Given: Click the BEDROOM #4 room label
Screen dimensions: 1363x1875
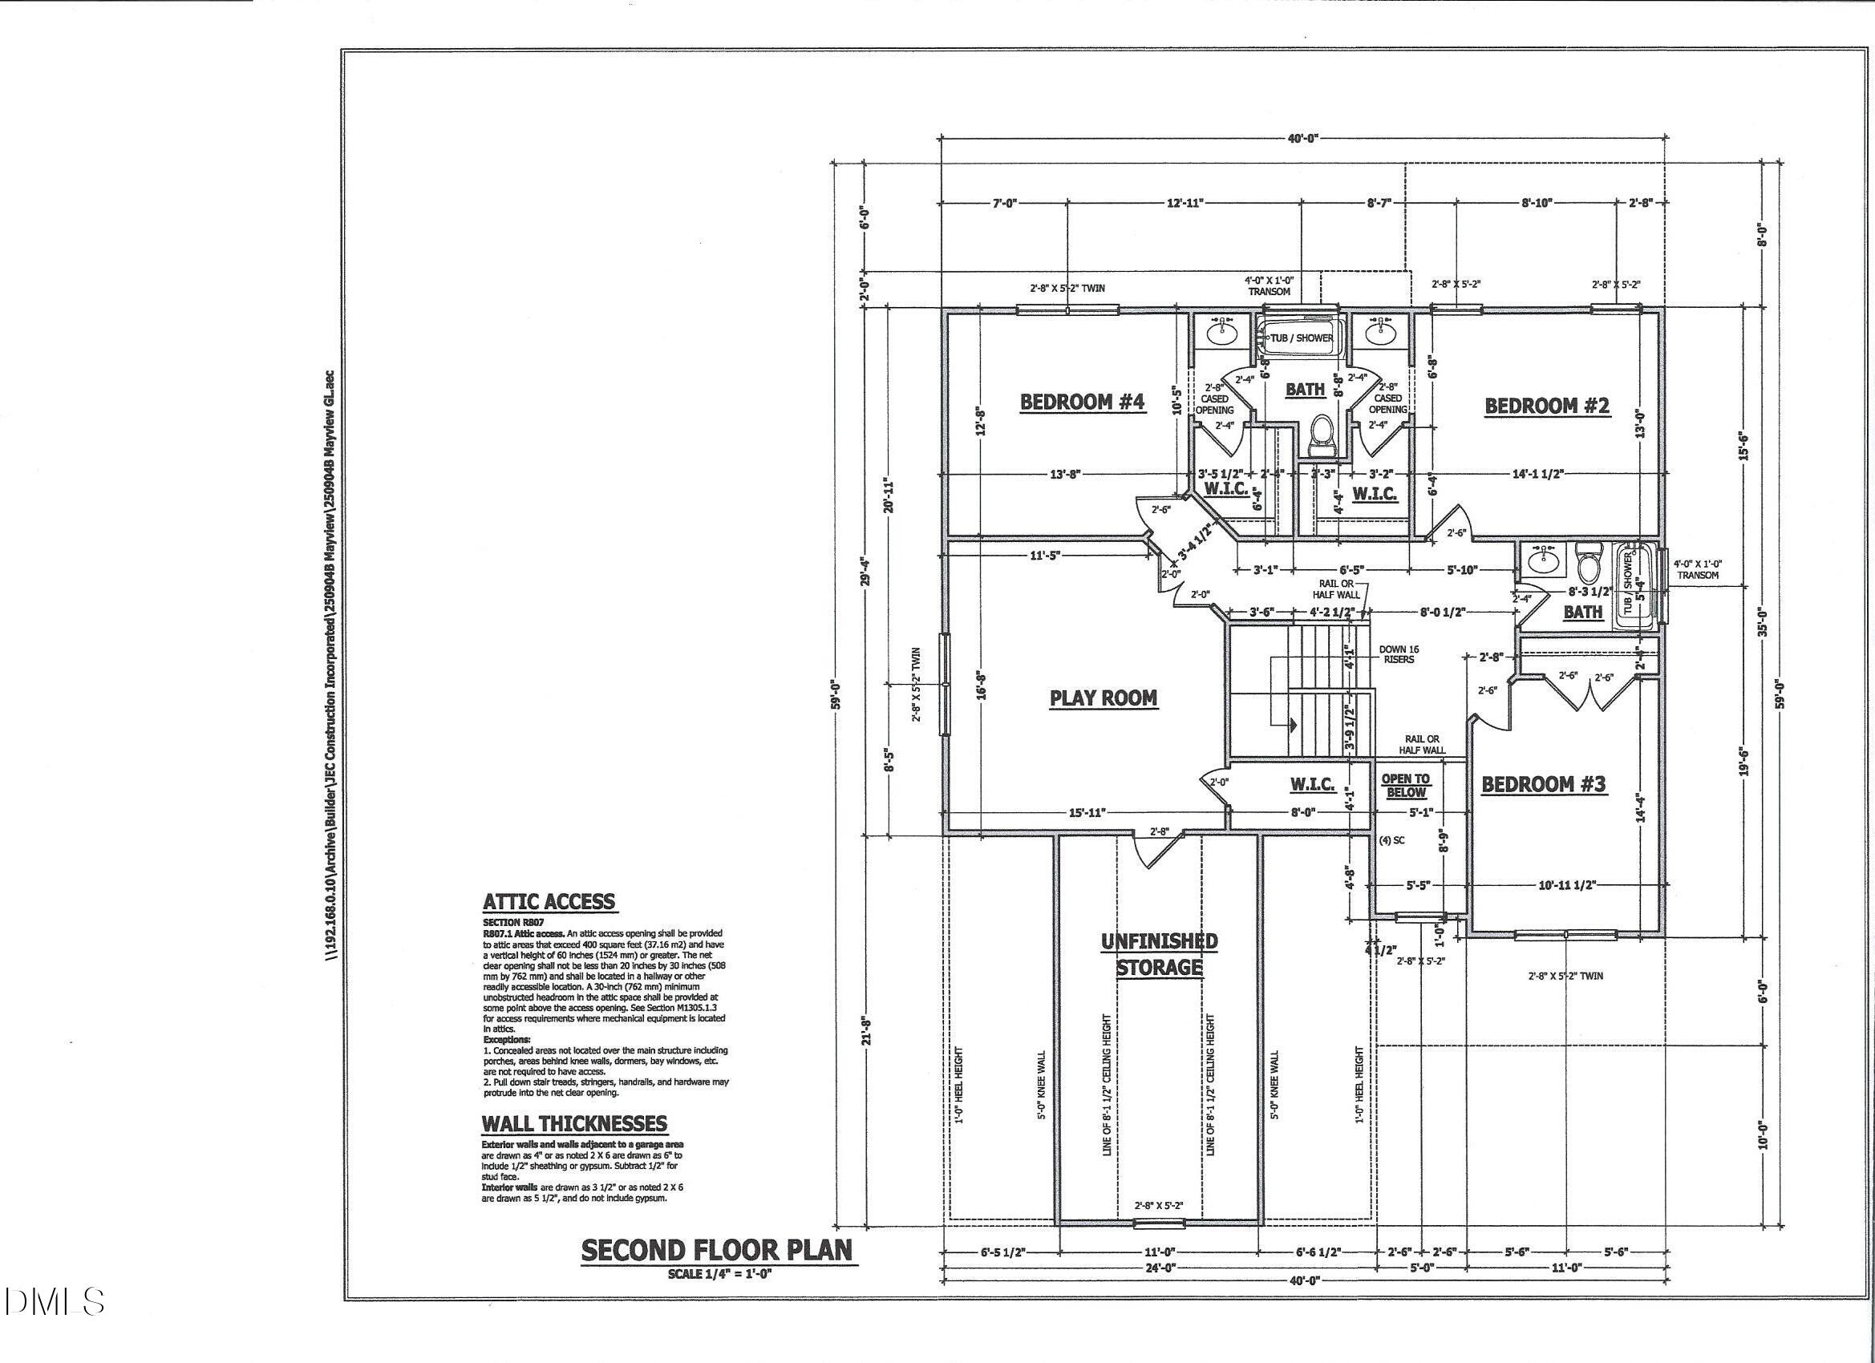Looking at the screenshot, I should (1081, 402).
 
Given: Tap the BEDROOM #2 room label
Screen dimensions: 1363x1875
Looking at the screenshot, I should (1547, 406).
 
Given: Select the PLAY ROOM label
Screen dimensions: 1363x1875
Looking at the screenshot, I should (1103, 698).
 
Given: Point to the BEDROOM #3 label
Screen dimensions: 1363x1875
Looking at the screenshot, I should (1543, 783).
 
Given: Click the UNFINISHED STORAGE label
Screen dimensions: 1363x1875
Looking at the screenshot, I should (1159, 955).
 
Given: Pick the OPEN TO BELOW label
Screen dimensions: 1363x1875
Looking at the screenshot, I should (1405, 785).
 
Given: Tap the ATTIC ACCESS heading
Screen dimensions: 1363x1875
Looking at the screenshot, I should (549, 902).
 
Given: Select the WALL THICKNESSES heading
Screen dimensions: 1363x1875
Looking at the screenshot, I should (573, 1124).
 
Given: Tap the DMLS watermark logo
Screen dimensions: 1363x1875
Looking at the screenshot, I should (54, 1301).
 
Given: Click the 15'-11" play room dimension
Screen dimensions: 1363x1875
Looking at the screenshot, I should (1087, 812).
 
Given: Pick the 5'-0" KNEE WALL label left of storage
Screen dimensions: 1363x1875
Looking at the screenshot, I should (1041, 1085).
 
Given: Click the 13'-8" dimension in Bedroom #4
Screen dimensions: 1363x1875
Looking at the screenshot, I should (1065, 475).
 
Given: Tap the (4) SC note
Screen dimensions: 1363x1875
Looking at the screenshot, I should (1392, 840).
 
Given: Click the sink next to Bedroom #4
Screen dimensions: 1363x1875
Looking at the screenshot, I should (1221, 332).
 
